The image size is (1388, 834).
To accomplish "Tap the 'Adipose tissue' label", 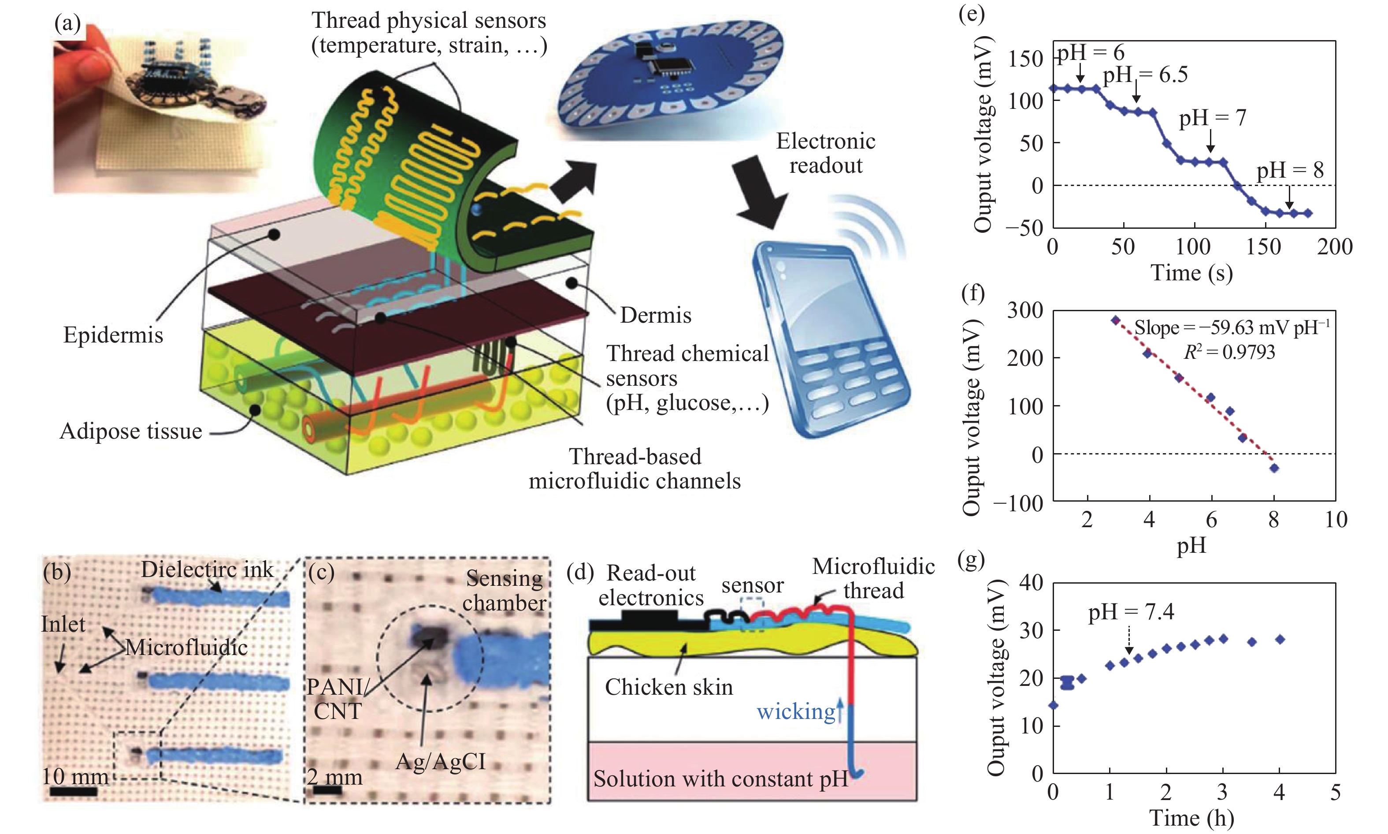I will tap(130, 431).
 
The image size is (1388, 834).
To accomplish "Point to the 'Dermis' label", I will tap(656, 315).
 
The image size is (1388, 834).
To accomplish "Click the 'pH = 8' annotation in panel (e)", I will tap(1290, 170).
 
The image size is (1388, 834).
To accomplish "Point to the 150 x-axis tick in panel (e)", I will tap(1264, 247).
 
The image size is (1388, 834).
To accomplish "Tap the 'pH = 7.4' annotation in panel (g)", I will tap(1131, 612).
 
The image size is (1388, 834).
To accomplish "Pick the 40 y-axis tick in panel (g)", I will tap(1032, 583).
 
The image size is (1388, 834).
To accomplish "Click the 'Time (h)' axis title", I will tap(1191, 818).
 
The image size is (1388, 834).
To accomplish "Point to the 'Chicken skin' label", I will tap(668, 687).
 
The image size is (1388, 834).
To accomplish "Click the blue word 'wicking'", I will tap(796, 712).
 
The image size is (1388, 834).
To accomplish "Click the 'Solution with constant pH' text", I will tap(720, 779).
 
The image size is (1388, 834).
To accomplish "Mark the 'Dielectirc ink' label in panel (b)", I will tap(207, 570).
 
